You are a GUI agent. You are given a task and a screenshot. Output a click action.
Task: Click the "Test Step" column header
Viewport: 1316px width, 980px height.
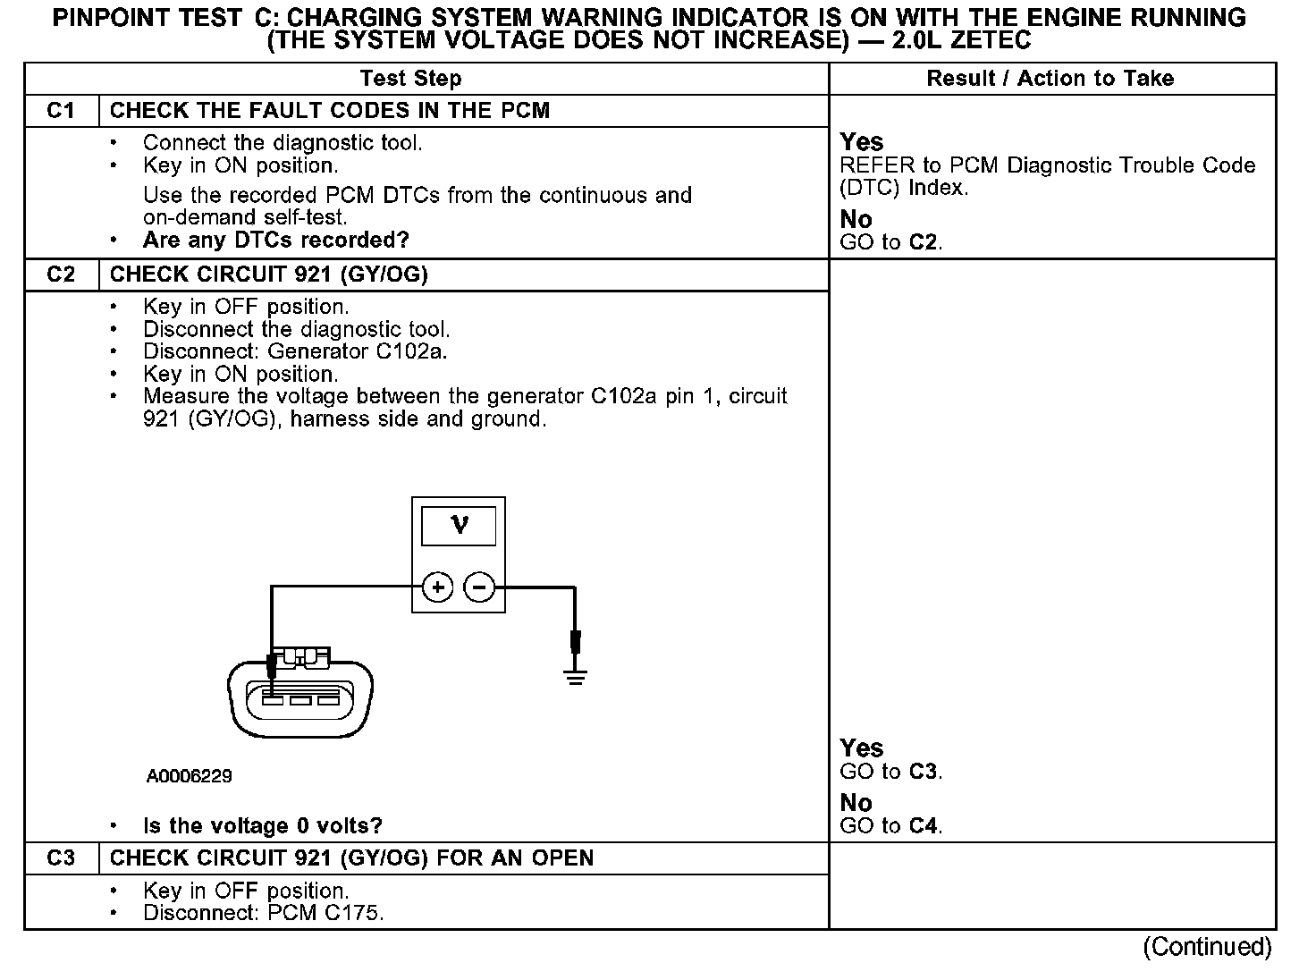tap(410, 79)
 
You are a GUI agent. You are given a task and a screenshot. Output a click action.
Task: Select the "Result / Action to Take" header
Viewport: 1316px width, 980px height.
tap(1050, 79)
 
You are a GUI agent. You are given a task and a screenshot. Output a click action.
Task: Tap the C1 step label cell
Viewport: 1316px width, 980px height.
tap(61, 111)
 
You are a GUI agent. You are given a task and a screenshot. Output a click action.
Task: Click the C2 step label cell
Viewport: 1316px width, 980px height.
tap(61, 275)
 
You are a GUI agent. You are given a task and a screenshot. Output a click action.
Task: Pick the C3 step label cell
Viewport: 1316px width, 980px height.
tap(61, 858)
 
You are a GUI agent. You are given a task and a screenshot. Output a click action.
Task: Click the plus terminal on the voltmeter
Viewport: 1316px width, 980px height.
tap(438, 587)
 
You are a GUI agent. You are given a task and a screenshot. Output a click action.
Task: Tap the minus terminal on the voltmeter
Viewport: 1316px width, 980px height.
tap(480, 587)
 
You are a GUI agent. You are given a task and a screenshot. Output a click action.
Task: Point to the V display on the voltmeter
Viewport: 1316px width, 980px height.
tap(459, 525)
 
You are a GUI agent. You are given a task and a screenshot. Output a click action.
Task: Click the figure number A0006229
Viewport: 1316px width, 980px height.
tap(189, 776)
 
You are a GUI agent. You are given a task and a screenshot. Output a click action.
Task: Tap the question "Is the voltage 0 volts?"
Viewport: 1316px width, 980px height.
tap(263, 825)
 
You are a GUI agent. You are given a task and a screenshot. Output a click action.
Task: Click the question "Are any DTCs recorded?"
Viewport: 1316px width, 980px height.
tap(275, 240)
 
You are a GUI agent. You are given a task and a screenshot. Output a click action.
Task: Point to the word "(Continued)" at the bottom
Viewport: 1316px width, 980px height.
tap(1206, 947)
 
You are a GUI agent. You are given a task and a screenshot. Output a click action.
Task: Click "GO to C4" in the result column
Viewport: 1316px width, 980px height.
tap(890, 825)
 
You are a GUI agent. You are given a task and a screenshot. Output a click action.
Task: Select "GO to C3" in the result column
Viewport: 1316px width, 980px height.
tap(890, 772)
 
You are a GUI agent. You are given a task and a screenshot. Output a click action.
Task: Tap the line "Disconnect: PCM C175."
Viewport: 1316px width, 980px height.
tap(263, 913)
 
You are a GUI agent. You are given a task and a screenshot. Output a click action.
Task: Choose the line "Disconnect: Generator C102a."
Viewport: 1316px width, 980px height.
tap(295, 351)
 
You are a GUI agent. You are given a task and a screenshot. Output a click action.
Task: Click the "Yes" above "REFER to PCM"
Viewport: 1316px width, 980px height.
tap(861, 142)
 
